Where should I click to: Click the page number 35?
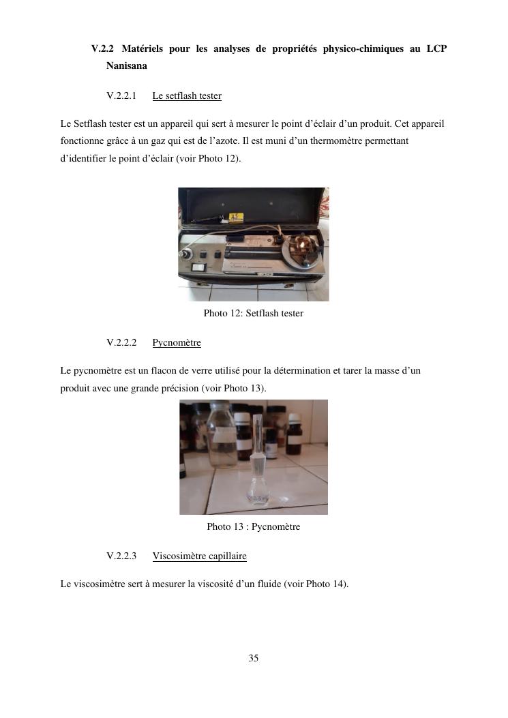(x=253, y=658)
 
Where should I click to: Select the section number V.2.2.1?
(x=121, y=95)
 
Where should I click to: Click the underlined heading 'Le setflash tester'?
(x=187, y=95)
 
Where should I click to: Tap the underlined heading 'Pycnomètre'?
(x=177, y=342)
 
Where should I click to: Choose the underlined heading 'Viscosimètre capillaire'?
(x=199, y=556)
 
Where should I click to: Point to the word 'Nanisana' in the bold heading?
(x=126, y=66)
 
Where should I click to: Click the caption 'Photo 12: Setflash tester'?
(x=253, y=313)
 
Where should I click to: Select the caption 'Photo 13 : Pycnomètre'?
(x=253, y=526)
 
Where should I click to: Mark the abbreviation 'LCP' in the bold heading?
(x=436, y=48)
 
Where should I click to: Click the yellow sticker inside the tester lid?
(x=236, y=218)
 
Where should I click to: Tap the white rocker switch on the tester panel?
(x=199, y=267)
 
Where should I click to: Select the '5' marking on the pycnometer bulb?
(x=259, y=498)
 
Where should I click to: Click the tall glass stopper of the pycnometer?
(x=257, y=438)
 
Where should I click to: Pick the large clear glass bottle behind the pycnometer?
(x=222, y=434)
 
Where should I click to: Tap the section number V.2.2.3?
(x=121, y=556)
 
